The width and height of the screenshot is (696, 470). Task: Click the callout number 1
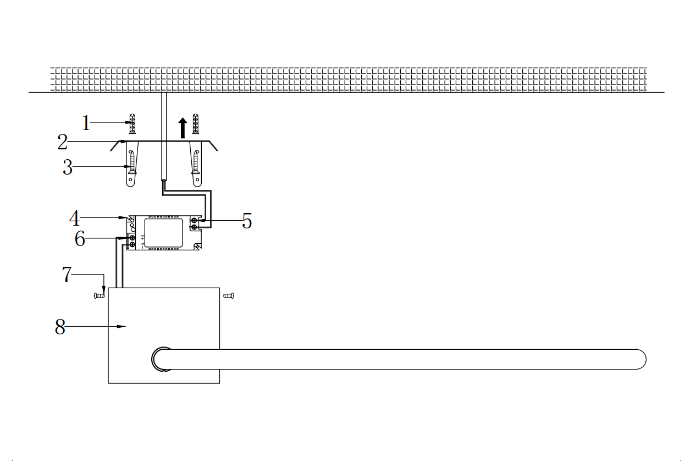[86, 123]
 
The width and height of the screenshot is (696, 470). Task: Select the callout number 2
[63, 142]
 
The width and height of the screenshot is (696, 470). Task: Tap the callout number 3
[68, 167]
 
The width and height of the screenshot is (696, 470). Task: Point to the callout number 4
[75, 219]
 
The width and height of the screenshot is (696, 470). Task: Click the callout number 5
[247, 221]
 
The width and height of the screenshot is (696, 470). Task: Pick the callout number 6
[80, 239]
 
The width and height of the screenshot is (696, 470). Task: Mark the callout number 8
[60, 327]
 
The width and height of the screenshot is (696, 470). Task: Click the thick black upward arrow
[183, 128]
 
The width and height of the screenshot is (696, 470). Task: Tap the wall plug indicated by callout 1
[132, 124]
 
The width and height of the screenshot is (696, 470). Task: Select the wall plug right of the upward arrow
[195, 124]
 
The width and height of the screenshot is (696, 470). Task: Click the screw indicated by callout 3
[132, 163]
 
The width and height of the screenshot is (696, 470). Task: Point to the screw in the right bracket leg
[196, 163]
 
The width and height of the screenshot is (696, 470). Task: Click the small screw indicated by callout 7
[99, 296]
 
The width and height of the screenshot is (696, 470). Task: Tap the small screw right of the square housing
[229, 296]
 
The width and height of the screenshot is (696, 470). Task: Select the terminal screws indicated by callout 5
[194, 224]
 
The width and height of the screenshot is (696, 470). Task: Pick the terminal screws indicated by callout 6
[132, 242]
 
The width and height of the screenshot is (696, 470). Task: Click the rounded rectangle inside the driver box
[164, 233]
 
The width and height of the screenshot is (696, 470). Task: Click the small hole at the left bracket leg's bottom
[130, 180]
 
